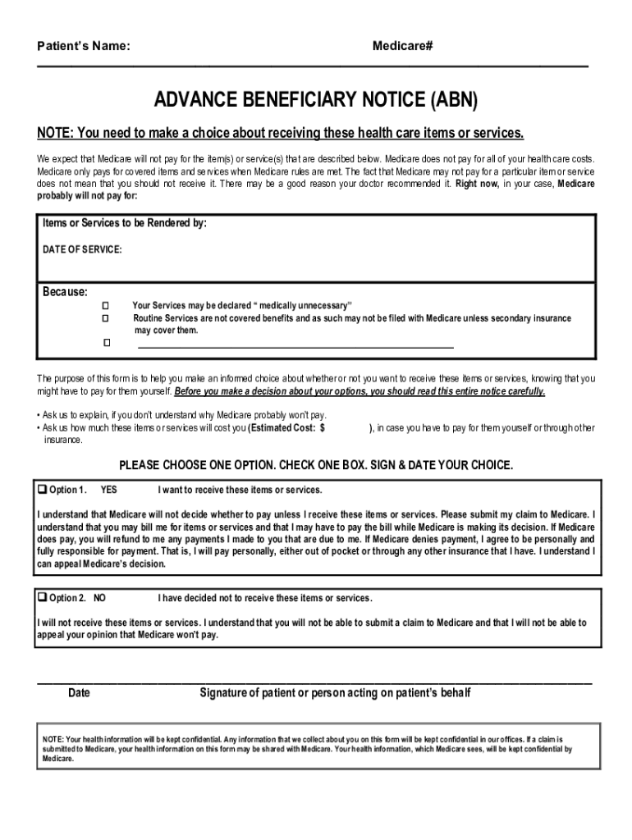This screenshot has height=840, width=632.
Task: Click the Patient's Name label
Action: coord(83,47)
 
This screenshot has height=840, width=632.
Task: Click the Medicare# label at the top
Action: coord(402,47)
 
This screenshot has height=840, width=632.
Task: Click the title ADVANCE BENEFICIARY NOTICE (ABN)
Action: coord(316,102)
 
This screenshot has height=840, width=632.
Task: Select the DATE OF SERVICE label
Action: coord(82,249)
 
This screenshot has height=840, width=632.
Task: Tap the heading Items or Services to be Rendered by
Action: coord(124,223)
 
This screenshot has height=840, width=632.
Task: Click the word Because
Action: coord(65,292)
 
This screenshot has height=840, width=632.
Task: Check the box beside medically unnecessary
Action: coord(106,305)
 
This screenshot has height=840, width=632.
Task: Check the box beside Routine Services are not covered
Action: coord(106,317)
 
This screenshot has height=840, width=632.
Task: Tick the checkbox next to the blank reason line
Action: coord(106,342)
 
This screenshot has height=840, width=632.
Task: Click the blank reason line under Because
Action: coord(295,347)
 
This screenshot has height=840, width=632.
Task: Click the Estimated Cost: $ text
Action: coord(288,427)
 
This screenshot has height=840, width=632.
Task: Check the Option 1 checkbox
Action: coord(43,490)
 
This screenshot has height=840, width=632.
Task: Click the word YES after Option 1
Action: coord(108,491)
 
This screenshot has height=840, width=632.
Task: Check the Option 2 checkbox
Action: coord(43,597)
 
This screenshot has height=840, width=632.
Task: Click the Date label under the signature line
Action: coord(79,693)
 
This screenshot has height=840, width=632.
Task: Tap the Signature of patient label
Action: coord(335,693)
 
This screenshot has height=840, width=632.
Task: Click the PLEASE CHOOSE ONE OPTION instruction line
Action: coord(316,465)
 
